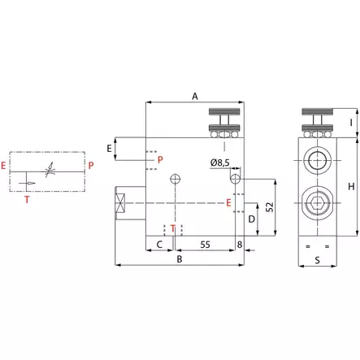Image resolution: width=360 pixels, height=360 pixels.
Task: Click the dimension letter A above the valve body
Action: coord(195,96)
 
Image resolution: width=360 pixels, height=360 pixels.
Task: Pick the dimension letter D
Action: coord(252,219)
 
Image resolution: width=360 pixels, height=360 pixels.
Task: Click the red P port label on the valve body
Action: coord(160,159)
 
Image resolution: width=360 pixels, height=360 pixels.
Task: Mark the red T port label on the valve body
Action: coord(172,228)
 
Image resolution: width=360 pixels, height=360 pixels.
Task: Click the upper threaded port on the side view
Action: coord(315,157)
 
